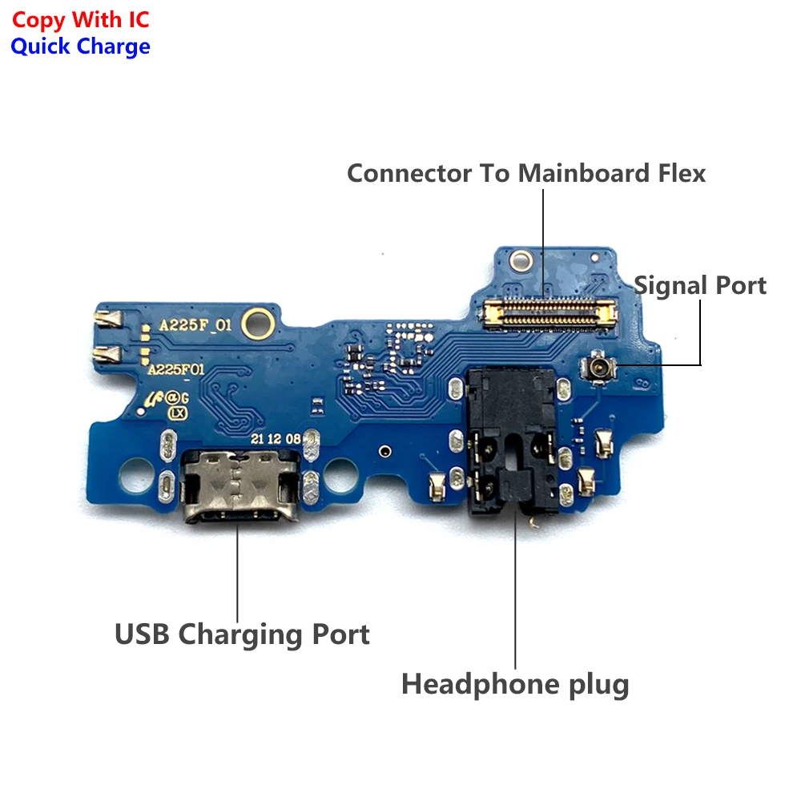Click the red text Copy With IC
coord(80,19)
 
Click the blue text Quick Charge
coord(80,46)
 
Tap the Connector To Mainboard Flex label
coord(526,173)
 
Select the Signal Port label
coord(700,285)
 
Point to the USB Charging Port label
coord(242,634)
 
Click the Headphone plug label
coord(515,684)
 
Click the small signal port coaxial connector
coord(595,368)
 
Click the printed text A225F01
coord(177,370)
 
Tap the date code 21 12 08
coord(276,439)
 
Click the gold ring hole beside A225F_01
coord(256,322)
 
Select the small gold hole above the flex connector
coord(523,260)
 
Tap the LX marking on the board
coord(177,413)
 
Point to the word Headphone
coord(471,684)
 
